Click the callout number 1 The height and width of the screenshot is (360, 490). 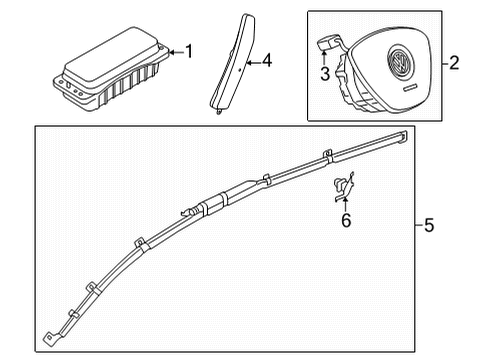pos(189,52)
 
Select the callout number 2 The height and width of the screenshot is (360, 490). pos(454,63)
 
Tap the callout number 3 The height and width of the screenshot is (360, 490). pos(325,74)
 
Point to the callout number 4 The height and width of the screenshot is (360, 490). pos(267,60)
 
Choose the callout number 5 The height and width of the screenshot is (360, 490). pos(429,225)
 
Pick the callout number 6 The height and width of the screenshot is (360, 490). pos(346,220)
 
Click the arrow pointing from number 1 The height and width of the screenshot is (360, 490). pos(177,52)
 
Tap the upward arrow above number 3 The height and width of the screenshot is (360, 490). pos(324,57)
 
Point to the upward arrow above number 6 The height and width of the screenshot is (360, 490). pos(345,204)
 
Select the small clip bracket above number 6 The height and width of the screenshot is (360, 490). pos(343,188)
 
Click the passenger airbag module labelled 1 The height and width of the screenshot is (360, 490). pos(111,69)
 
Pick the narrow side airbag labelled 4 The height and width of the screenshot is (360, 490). pos(233,63)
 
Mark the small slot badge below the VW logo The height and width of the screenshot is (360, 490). pos(410,87)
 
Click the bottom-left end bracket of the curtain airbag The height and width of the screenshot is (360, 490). pos(51,338)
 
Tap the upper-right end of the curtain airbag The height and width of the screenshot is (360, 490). pos(401,137)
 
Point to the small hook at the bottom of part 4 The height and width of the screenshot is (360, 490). pos(218,112)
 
